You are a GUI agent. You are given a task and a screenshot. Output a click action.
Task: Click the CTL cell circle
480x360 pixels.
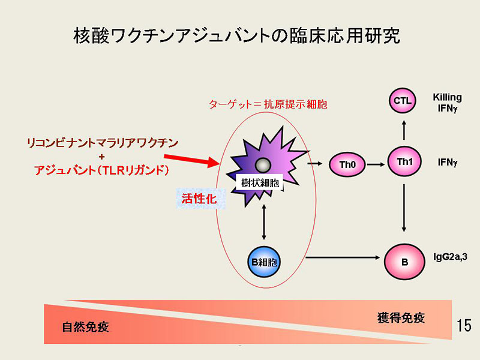(x=403, y=101)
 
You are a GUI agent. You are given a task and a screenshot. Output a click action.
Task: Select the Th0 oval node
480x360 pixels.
(x=347, y=164)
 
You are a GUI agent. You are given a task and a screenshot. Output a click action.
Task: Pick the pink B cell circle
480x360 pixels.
(x=404, y=260)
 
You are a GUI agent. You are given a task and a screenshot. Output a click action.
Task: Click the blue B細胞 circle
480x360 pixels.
(x=265, y=260)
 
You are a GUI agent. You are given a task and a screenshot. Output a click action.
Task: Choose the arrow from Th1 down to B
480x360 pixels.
(x=404, y=208)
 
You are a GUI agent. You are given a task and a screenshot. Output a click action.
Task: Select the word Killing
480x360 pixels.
(x=447, y=97)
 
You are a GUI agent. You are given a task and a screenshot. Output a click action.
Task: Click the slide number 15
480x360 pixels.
(x=463, y=325)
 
